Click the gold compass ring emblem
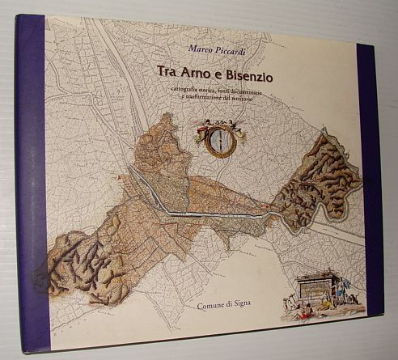point(219,139)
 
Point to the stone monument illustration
point(316,288)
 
